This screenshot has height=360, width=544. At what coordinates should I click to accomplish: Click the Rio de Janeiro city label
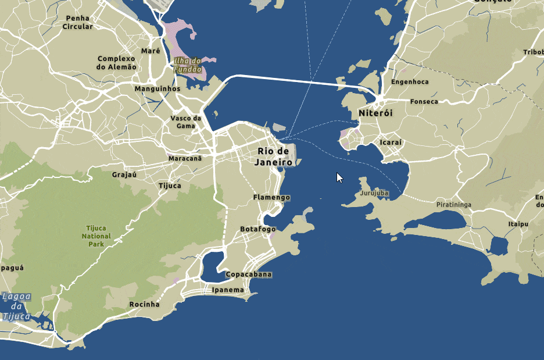(x=273, y=157)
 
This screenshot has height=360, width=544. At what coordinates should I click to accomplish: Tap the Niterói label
(x=375, y=113)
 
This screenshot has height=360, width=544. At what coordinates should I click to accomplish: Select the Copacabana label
(x=249, y=275)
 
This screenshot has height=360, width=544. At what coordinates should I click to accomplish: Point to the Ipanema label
(x=228, y=290)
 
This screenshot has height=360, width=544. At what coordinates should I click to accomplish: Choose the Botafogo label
(x=258, y=229)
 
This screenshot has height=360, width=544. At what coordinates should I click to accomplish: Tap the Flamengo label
(x=271, y=198)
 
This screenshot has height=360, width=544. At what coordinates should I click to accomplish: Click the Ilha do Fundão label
(x=187, y=65)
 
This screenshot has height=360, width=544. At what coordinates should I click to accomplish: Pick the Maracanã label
(x=185, y=158)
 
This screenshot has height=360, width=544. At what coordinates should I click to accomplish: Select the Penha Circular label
(x=77, y=23)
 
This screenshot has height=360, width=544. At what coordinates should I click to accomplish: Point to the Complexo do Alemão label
(x=116, y=63)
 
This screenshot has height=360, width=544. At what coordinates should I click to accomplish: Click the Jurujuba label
(x=374, y=193)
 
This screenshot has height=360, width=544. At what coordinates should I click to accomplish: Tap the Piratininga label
(x=453, y=205)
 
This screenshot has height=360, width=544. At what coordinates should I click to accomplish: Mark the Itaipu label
(x=518, y=223)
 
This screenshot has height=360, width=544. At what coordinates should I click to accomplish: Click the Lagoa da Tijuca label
(x=16, y=306)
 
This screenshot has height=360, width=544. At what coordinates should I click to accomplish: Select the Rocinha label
(x=144, y=304)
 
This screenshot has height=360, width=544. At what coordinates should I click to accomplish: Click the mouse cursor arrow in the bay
(x=340, y=177)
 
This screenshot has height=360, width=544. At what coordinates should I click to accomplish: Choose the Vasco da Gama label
(x=185, y=122)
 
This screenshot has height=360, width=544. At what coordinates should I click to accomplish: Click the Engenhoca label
(x=410, y=82)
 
